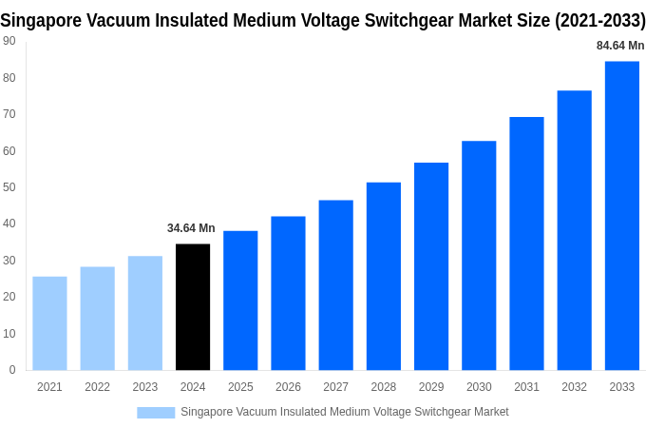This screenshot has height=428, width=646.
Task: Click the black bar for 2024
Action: pyautogui.click(x=193, y=307)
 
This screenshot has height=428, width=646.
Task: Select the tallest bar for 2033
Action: pyautogui.click(x=622, y=216)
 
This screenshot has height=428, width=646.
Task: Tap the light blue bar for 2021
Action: pyautogui.click(x=49, y=323)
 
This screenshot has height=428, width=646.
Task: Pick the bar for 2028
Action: pyautogui.click(x=384, y=276)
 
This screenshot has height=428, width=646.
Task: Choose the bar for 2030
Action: pyautogui.click(x=479, y=256)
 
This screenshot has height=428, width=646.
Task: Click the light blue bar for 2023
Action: pyautogui.click(x=145, y=313)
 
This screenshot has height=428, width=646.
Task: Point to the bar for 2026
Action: pyautogui.click(x=288, y=293)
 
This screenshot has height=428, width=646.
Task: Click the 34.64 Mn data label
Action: pyautogui.click(x=191, y=228)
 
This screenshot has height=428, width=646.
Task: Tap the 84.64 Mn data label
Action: pyautogui.click(x=620, y=46)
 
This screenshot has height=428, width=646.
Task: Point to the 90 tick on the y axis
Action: pyautogui.click(x=9, y=41)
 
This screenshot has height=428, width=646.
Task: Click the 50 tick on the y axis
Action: pyautogui.click(x=9, y=187)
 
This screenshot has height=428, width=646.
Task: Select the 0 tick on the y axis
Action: pyautogui.click(x=11, y=370)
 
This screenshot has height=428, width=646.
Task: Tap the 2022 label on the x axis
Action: pyautogui.click(x=97, y=387)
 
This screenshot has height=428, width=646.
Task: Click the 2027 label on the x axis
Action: pyautogui.click(x=335, y=387)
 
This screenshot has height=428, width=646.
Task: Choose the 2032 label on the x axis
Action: pyautogui.click(x=574, y=387)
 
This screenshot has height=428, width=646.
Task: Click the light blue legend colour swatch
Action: pyautogui.click(x=156, y=413)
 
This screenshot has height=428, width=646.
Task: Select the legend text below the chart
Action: pyautogui.click(x=344, y=412)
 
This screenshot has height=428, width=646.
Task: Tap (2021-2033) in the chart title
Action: pyautogui.click(x=599, y=20)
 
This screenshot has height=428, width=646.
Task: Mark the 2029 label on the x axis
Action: pyautogui.click(x=431, y=387)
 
